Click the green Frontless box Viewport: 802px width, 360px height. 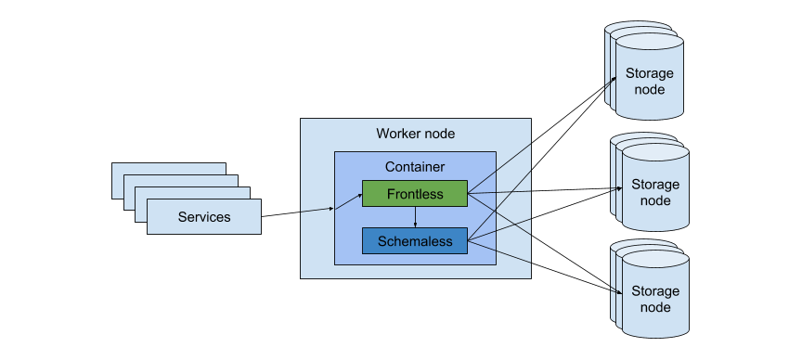pyautogui.click(x=415, y=194)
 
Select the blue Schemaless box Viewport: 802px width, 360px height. pyautogui.click(x=415, y=241)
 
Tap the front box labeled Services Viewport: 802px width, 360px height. pyautogui.click(x=203, y=217)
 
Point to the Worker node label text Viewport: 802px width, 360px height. pyautogui.click(x=415, y=134)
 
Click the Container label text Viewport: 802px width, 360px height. pyautogui.click(x=415, y=167)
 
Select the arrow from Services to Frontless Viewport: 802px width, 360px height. pyautogui.click(x=297, y=212)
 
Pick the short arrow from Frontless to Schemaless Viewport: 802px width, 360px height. pyautogui.click(x=415, y=217)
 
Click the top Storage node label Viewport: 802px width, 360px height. pyautogui.click(x=649, y=82)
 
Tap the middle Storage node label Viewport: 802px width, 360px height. pyautogui.click(x=654, y=192)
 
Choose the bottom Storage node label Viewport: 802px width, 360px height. pyautogui.click(x=654, y=299)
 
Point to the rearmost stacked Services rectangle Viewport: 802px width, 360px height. pyautogui.click(x=168, y=169)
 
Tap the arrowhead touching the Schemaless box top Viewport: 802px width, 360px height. pyautogui.click(x=415, y=225)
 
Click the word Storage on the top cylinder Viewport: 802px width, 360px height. pyautogui.click(x=649, y=74)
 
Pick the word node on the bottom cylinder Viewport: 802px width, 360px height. pyautogui.click(x=654, y=307)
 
